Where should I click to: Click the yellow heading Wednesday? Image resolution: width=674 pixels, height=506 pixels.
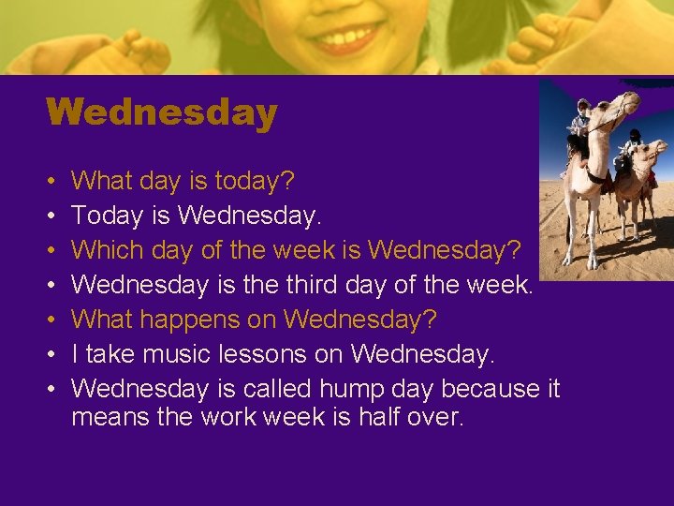coord(161,113)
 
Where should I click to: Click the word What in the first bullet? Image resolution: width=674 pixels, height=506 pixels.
coord(103,180)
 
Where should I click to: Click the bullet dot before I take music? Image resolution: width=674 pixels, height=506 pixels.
coord(50,355)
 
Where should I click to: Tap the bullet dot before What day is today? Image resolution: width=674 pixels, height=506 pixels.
coord(50,181)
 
